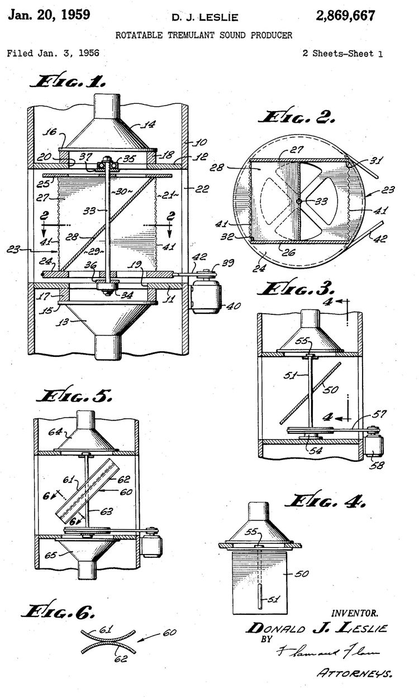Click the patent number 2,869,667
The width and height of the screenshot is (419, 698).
click(x=345, y=16)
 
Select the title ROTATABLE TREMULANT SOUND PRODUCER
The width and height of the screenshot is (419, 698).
click(x=204, y=35)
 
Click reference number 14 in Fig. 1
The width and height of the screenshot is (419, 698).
click(x=135, y=125)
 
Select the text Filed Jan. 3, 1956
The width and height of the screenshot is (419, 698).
click(x=53, y=54)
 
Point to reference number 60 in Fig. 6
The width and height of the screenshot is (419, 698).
click(x=170, y=633)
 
